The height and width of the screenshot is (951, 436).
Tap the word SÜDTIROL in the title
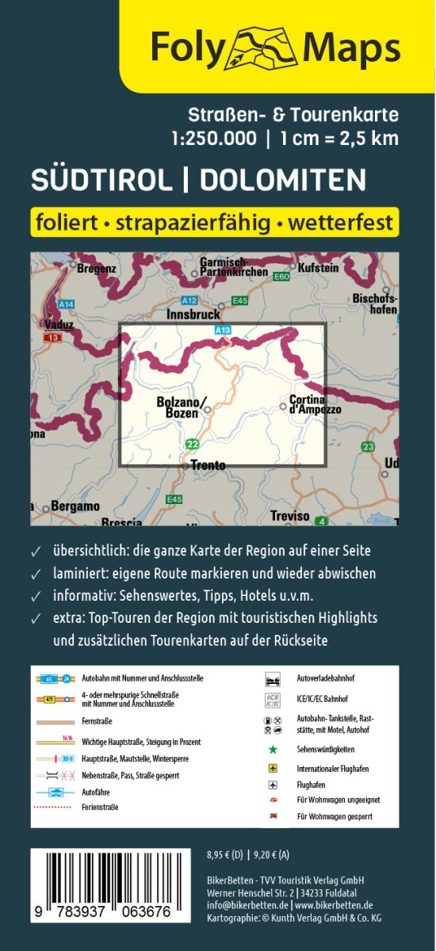(101, 180)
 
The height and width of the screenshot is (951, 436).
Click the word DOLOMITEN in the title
(283, 180)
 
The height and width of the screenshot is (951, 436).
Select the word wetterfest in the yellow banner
(342, 223)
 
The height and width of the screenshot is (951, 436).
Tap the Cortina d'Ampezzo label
(316, 404)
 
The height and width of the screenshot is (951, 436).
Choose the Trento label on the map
(208, 466)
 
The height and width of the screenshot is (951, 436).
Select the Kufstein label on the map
(319, 268)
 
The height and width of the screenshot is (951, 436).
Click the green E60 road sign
(281, 277)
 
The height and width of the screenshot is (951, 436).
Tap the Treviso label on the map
(289, 516)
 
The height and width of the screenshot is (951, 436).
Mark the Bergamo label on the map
(75, 506)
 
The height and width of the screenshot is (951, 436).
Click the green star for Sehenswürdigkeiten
(272, 749)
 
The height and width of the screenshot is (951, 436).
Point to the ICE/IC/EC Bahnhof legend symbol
(272, 700)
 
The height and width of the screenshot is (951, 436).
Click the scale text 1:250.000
(213, 138)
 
